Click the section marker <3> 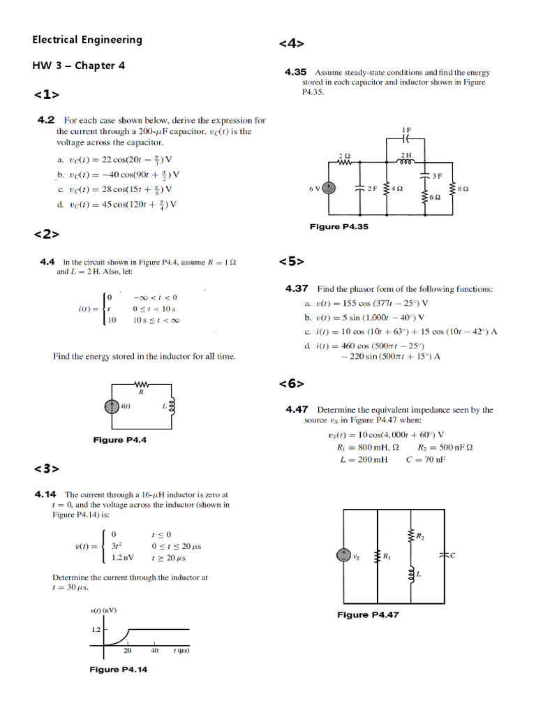click(x=46, y=469)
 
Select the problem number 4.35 click(x=296, y=72)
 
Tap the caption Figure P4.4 click(x=119, y=440)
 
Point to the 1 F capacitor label click(x=407, y=130)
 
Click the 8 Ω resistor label click(x=463, y=189)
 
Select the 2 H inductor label click(x=406, y=154)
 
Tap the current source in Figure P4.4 click(x=112, y=406)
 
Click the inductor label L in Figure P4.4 click(x=164, y=406)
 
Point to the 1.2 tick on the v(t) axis click(x=96, y=629)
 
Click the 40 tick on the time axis click(x=154, y=651)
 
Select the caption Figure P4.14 click(x=118, y=670)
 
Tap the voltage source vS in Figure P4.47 click(x=344, y=556)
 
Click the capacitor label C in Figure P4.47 click(x=453, y=555)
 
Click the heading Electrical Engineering click(x=87, y=40)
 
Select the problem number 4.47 click(x=296, y=410)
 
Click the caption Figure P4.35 click(x=338, y=227)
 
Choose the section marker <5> click(x=291, y=262)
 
